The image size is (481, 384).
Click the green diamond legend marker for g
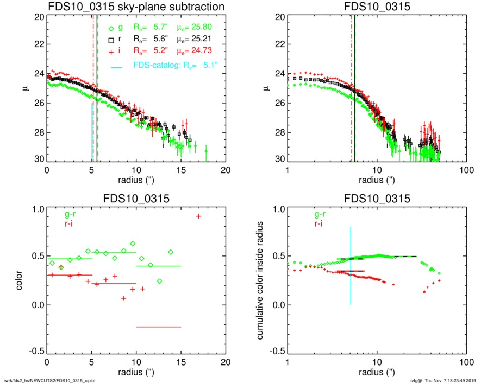[111, 29]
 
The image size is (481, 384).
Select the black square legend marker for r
[111, 40]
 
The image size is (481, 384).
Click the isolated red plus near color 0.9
[198, 216]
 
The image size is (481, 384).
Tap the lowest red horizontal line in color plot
[158, 327]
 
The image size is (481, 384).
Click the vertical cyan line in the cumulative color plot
[351, 266]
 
